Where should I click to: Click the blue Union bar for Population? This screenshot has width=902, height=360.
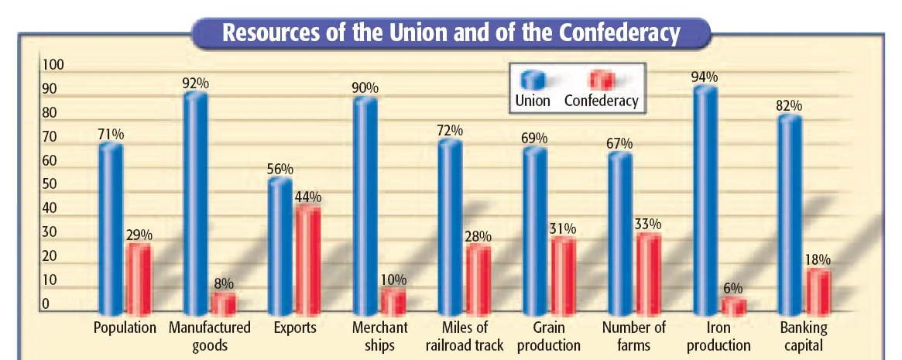[111, 228]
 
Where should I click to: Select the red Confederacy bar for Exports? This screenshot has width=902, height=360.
[308, 259]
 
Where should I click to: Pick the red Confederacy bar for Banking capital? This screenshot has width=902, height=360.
[819, 291]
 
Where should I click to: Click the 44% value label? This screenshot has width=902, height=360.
[308, 197]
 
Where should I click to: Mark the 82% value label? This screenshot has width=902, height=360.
[791, 105]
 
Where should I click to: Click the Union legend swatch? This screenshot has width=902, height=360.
[533, 80]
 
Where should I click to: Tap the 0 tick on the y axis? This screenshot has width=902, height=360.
[46, 304]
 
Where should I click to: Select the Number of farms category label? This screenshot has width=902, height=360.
[634, 336]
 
